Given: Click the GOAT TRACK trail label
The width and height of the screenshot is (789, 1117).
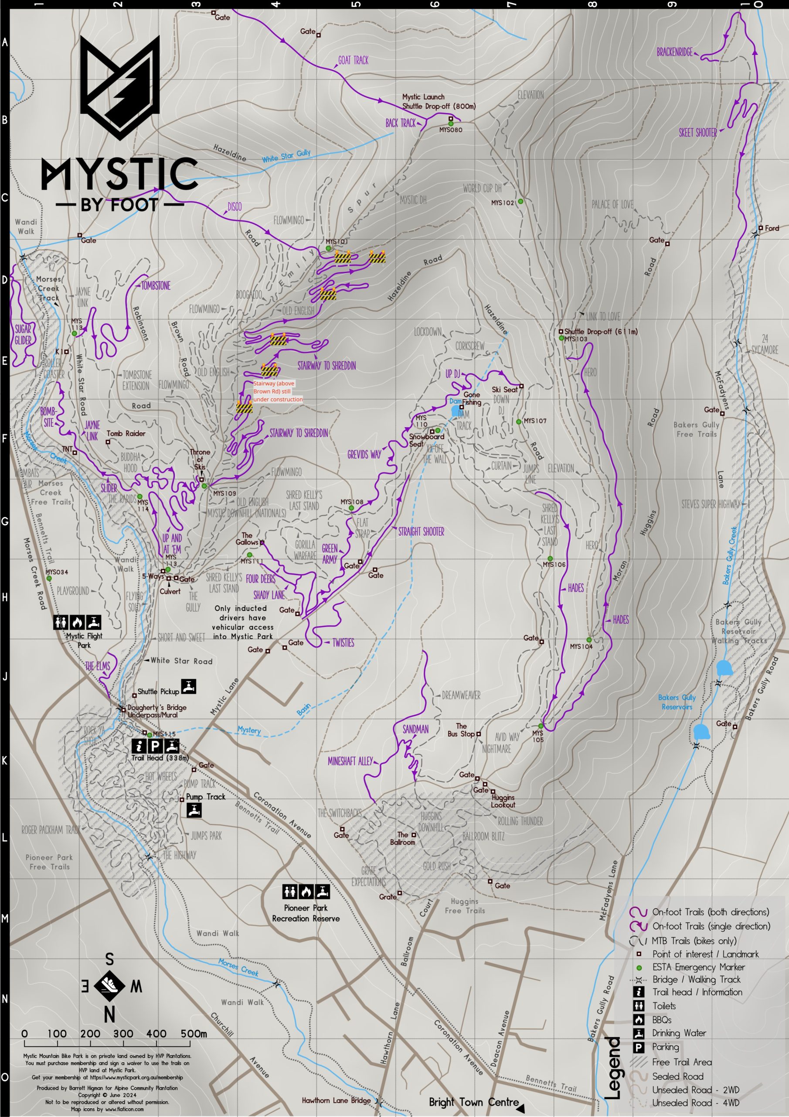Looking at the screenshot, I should [x=353, y=60].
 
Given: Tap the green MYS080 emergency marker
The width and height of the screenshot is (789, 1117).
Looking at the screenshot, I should [x=451, y=124].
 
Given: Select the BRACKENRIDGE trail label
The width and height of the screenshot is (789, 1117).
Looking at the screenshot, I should [x=674, y=52].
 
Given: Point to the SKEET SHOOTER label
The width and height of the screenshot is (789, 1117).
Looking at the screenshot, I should [x=697, y=133].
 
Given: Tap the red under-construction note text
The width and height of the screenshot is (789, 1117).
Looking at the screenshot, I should [x=278, y=391].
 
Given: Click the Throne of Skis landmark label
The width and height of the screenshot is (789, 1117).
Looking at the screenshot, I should [x=200, y=459].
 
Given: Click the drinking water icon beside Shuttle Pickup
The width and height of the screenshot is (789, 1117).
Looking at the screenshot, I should [x=189, y=686].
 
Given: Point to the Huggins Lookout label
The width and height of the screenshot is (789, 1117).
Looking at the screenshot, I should [x=503, y=801].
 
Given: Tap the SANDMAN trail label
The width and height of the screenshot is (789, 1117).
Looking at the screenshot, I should [x=415, y=729].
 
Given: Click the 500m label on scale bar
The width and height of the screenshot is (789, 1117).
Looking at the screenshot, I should [x=194, y=1033].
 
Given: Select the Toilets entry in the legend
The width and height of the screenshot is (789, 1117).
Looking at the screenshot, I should [x=663, y=1006].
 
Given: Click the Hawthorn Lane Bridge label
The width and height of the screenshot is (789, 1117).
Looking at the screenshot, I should [x=336, y=1100].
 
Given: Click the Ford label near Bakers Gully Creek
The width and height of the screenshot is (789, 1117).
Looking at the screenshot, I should [x=772, y=228].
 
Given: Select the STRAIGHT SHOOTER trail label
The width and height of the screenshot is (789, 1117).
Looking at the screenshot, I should [x=421, y=532].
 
